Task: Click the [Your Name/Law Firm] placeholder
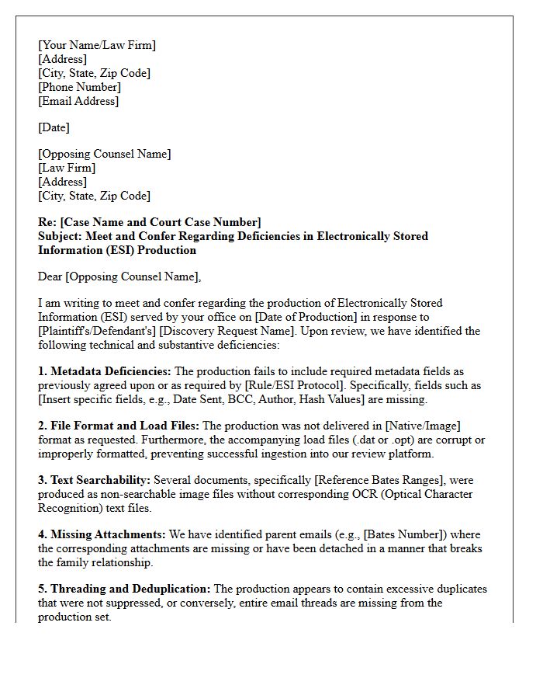click(97, 45)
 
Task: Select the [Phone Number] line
click(79, 87)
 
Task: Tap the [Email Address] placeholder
click(78, 101)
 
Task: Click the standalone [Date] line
click(54, 127)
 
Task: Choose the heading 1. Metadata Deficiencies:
click(105, 372)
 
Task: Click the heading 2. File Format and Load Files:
click(119, 426)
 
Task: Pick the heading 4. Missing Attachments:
click(102, 534)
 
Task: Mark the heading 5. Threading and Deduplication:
click(124, 589)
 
